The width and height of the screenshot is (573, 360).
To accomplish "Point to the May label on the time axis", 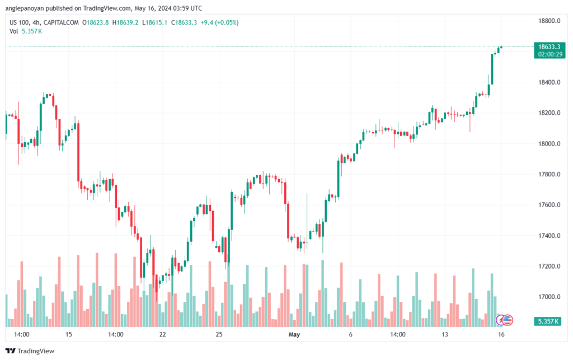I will (294, 334).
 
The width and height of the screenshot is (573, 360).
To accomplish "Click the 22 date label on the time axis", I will (163, 334).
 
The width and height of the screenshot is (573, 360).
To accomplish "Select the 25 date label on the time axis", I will (219, 334).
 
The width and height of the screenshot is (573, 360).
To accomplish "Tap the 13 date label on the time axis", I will (445, 334).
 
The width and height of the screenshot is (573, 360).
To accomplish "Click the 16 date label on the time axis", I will (502, 334).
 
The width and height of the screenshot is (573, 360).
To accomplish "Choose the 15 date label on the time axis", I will (68, 334).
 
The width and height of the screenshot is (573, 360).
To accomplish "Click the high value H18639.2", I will (126, 22).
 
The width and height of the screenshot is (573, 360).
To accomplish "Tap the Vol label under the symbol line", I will (13, 31).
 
